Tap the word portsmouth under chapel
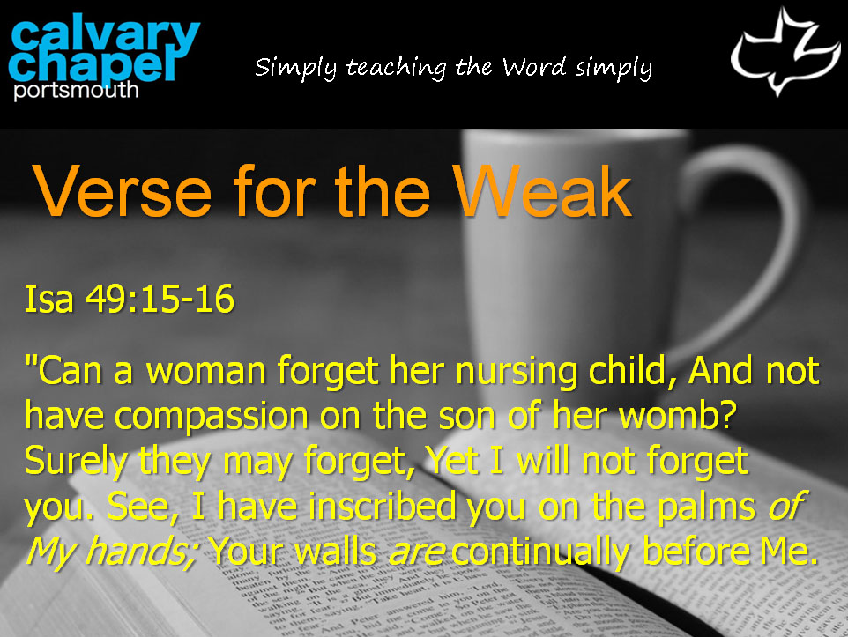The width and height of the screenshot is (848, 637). (77, 90)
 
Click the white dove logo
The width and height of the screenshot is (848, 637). (785, 51)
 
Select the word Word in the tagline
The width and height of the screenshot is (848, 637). (534, 67)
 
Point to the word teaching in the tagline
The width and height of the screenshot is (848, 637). (397, 68)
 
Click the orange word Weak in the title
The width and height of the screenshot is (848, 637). (542, 191)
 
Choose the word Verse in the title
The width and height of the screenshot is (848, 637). (123, 192)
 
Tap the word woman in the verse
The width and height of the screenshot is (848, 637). (206, 372)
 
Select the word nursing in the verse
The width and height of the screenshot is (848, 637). (517, 373)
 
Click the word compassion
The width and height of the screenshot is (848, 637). (212, 418)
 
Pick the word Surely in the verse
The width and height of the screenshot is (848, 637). (77, 463)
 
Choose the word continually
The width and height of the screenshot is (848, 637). (541, 552)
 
